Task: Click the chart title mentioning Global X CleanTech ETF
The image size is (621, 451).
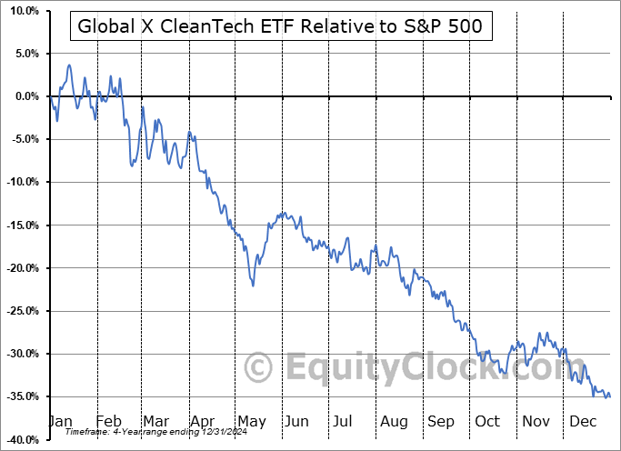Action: click(281, 27)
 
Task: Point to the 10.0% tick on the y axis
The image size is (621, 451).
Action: click(21, 11)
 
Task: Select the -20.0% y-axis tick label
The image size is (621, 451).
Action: click(21, 268)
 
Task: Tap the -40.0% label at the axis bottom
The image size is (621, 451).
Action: click(21, 439)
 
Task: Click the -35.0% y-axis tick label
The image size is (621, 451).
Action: click(21, 396)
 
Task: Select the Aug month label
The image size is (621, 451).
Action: click(395, 421)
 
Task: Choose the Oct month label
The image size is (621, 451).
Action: click(488, 421)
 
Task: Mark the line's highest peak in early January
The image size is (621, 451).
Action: click(69, 65)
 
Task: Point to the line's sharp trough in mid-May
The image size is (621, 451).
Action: click(253, 286)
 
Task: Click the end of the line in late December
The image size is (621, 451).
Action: click(609, 396)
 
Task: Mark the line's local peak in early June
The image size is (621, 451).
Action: click(285, 213)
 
